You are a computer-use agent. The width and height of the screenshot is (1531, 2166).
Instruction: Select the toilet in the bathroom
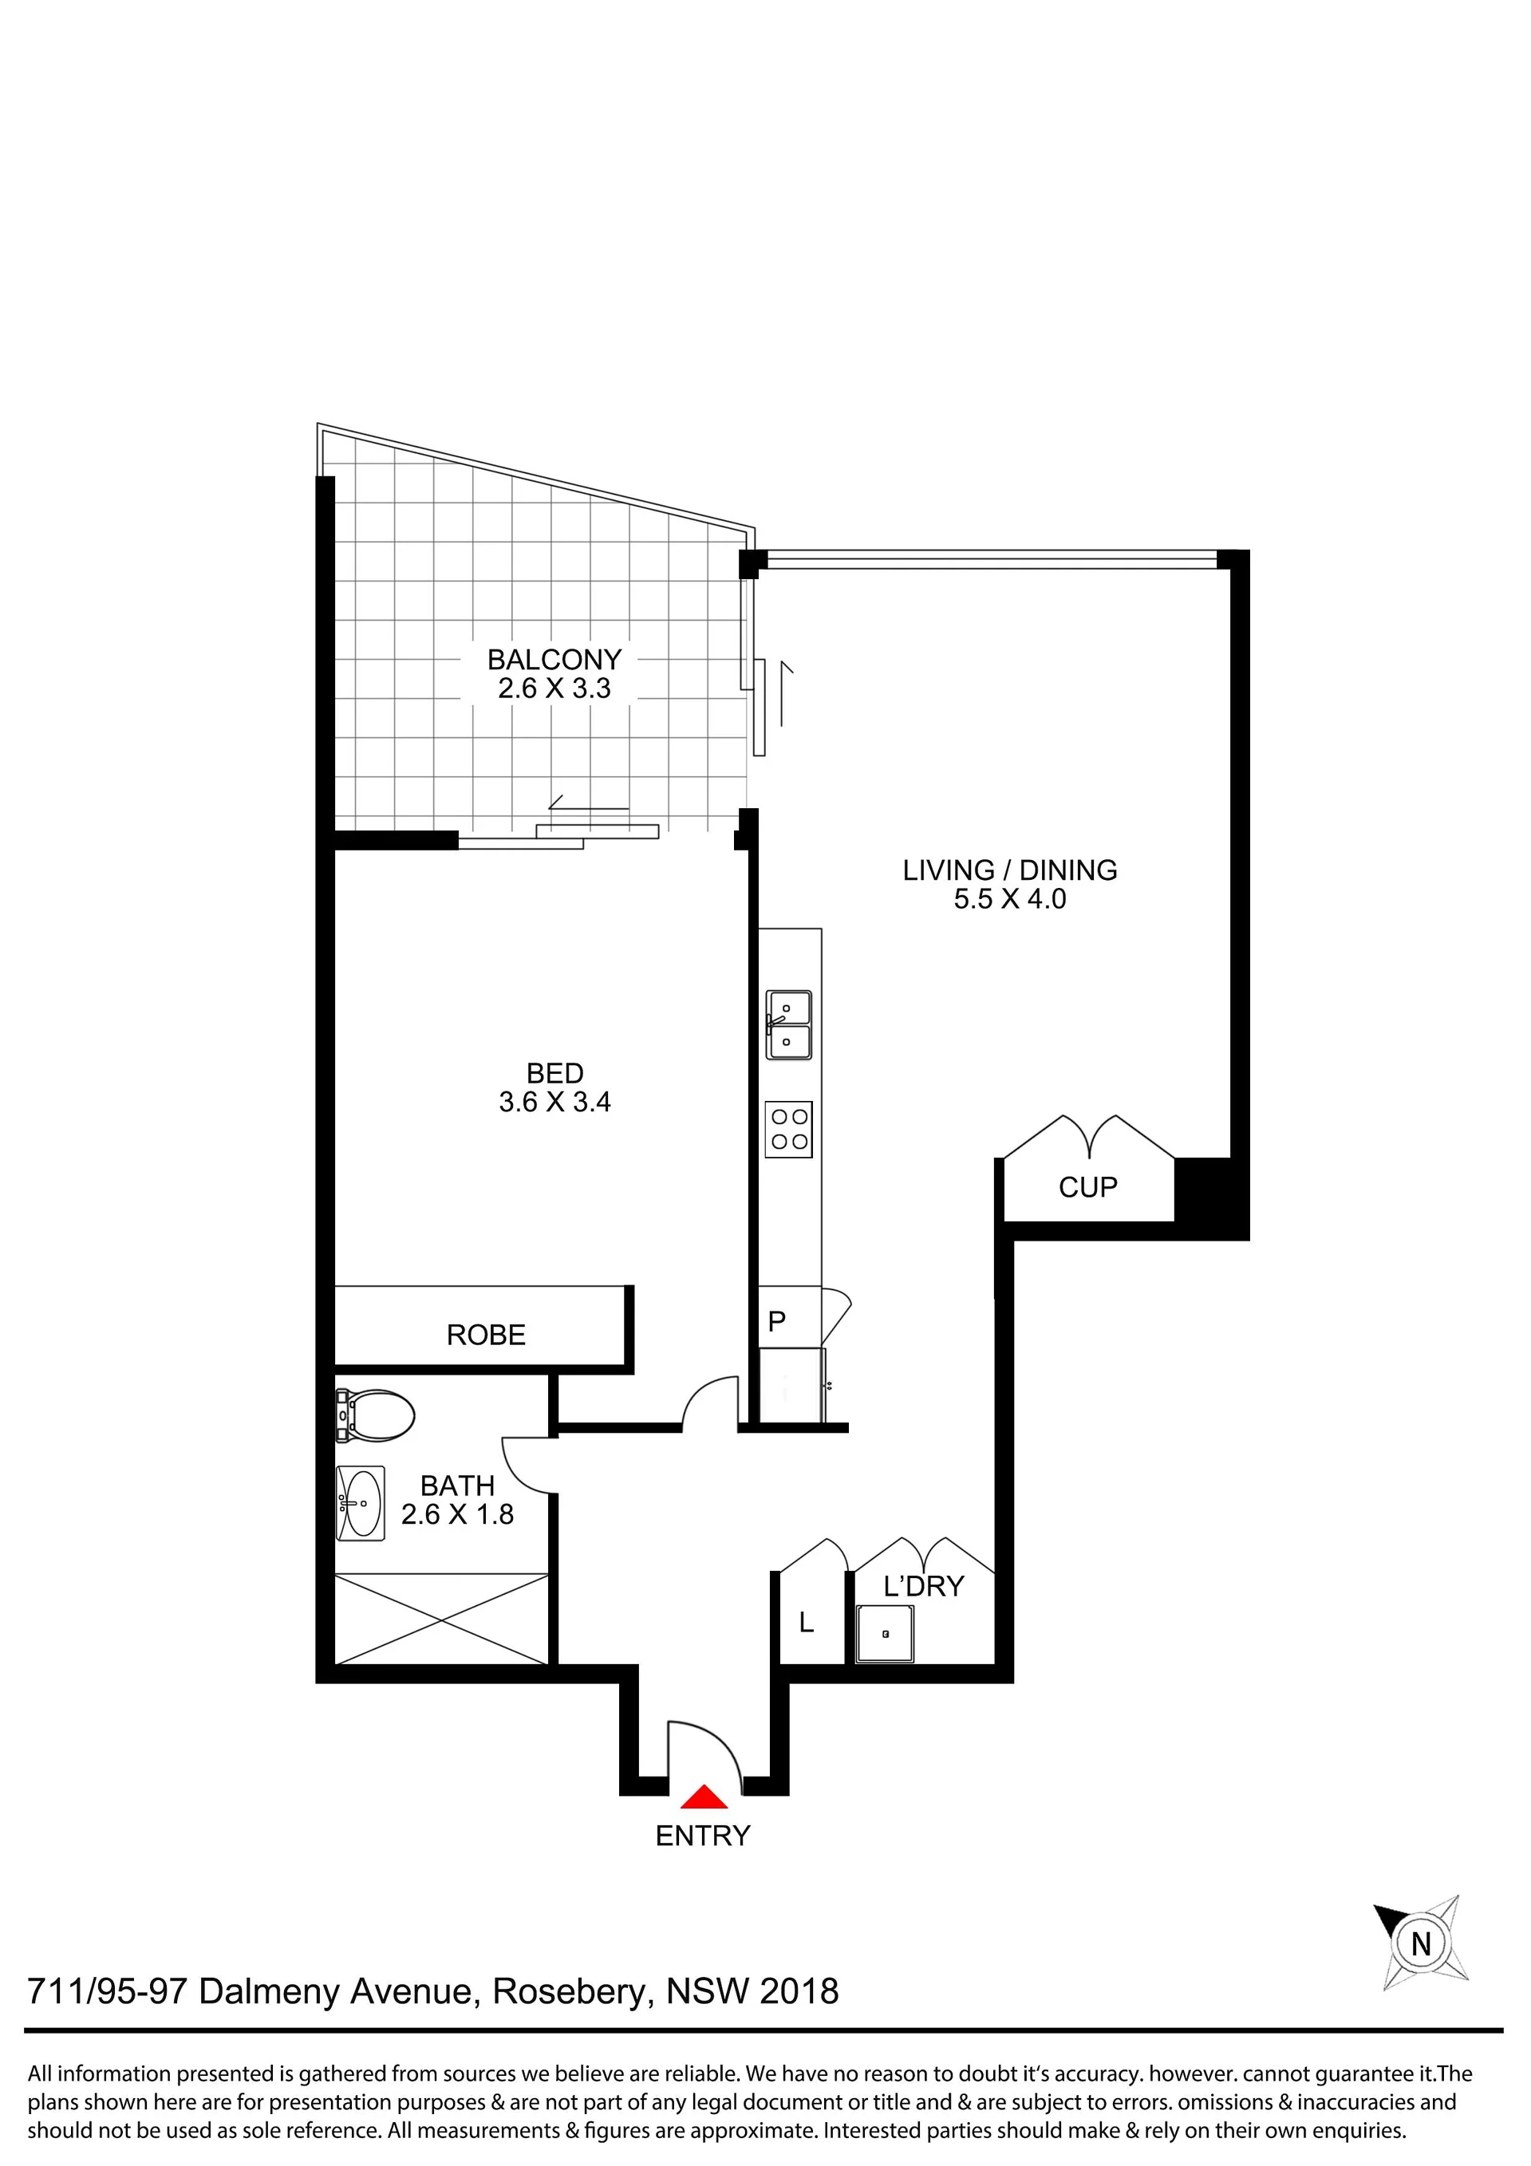pos(374,1415)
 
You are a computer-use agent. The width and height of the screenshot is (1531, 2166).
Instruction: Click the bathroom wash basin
pos(361,1503)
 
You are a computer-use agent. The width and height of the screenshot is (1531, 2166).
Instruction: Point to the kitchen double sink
pos(788,1024)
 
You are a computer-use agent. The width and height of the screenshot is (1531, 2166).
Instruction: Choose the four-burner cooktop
pos(788,1129)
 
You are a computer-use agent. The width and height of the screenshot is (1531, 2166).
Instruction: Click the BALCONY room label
pos(554,660)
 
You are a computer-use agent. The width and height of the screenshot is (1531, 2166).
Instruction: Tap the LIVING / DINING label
pos(1010,870)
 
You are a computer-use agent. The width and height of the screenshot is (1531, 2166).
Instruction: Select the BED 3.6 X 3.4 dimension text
pos(554,1102)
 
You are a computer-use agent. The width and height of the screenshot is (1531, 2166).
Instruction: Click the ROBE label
pos(486,1335)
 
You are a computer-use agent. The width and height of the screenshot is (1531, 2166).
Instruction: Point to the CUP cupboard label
pos(1087,1187)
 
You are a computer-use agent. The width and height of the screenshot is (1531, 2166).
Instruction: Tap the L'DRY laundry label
pos(924,1587)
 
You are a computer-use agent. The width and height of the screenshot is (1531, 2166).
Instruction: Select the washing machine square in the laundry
pos(885,1634)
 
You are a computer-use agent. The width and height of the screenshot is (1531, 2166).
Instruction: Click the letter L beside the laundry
pos(807,1623)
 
